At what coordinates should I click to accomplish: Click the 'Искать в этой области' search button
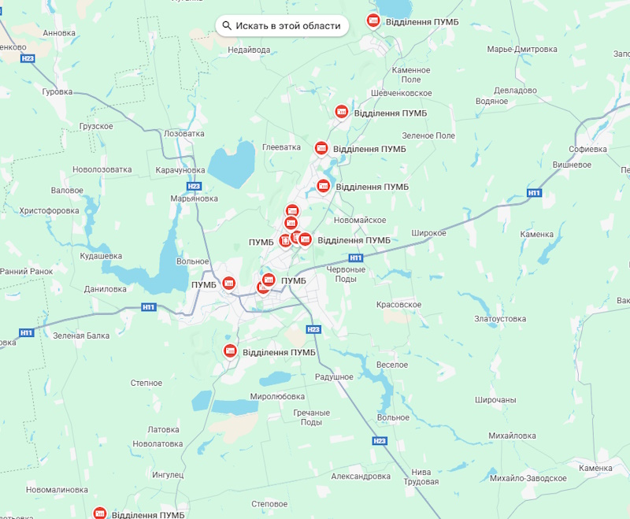[282, 26]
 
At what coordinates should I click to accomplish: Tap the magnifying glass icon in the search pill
[227, 26]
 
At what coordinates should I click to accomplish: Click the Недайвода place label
[248, 50]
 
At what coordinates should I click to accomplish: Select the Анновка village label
[60, 33]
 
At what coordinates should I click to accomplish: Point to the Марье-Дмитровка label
[522, 50]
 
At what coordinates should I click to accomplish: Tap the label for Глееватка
[282, 147]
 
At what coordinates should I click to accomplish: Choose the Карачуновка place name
[180, 170]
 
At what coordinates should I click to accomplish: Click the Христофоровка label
[49, 211]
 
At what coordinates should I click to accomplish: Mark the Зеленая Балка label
[81, 335]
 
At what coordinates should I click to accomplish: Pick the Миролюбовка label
[276, 396]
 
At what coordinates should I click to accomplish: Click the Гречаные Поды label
[312, 417]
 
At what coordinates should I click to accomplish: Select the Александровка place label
[361, 476]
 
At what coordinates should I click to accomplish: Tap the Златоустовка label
[499, 319]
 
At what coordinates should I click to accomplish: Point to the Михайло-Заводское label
[528, 479]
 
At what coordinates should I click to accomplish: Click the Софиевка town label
[588, 148]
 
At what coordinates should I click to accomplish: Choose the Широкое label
[429, 233]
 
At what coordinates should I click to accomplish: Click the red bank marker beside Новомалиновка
[100, 513]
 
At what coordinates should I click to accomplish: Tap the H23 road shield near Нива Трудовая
[380, 440]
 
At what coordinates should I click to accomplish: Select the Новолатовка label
[157, 443]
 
